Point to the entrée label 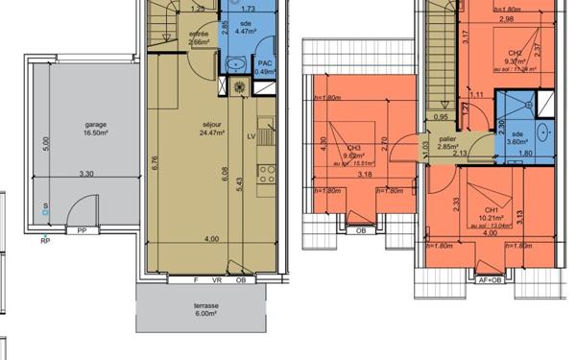199,34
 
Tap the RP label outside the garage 44,242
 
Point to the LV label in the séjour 252,136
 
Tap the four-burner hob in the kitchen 266,179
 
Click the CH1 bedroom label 490,209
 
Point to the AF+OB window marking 490,280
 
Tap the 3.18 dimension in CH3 365,175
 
